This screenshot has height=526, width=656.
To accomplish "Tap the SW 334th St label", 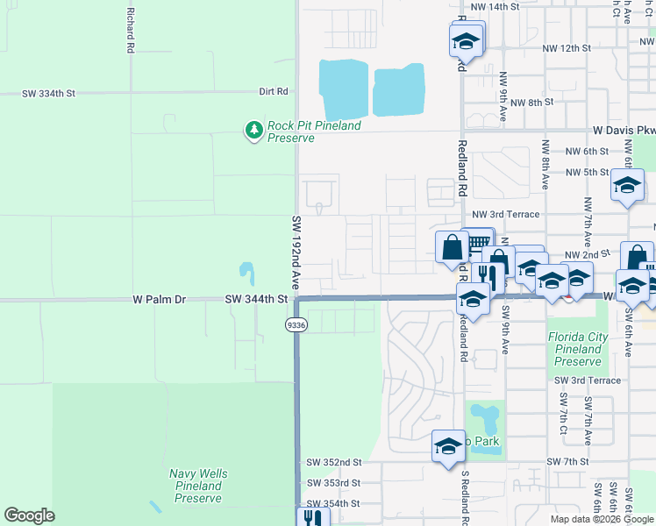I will pyautogui.click(x=48, y=92).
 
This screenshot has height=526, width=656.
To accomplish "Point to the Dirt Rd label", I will pyautogui.click(x=274, y=91).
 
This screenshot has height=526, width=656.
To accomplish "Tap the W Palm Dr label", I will pyautogui.click(x=160, y=300).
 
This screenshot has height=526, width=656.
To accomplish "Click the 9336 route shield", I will pyautogui.click(x=295, y=325).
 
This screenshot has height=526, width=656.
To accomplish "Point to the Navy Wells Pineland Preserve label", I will pyautogui.click(x=197, y=486).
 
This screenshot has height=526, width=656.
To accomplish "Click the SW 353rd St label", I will pyautogui.click(x=333, y=483).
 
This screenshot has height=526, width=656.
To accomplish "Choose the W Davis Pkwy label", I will pyautogui.click(x=624, y=131).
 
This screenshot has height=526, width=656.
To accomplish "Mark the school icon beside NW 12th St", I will pyautogui.click(x=467, y=40).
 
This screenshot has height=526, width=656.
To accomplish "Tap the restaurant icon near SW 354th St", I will pyautogui.click(x=311, y=517).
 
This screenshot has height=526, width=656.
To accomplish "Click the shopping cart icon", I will pyautogui.click(x=478, y=243).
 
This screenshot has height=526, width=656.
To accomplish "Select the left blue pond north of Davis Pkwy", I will pyautogui.click(x=343, y=89).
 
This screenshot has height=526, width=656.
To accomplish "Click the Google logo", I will pyautogui.click(x=29, y=515).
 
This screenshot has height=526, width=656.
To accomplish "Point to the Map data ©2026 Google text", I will pyautogui.click(x=601, y=519).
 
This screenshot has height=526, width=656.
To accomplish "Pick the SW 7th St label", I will pyautogui.click(x=567, y=461).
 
